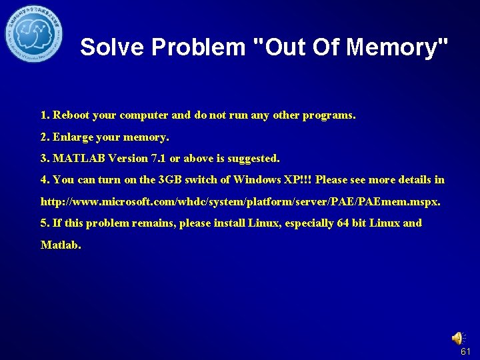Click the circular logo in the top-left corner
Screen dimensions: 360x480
click(34, 32)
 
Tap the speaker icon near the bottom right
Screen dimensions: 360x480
click(459, 338)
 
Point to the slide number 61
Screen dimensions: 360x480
click(465, 351)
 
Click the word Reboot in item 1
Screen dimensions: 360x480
click(71, 115)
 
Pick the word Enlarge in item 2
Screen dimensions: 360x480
click(73, 137)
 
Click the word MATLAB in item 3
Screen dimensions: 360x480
click(77, 159)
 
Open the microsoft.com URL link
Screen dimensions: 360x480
click(240, 201)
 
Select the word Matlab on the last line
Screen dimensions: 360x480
click(60, 245)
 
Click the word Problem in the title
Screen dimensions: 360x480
click(199, 47)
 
